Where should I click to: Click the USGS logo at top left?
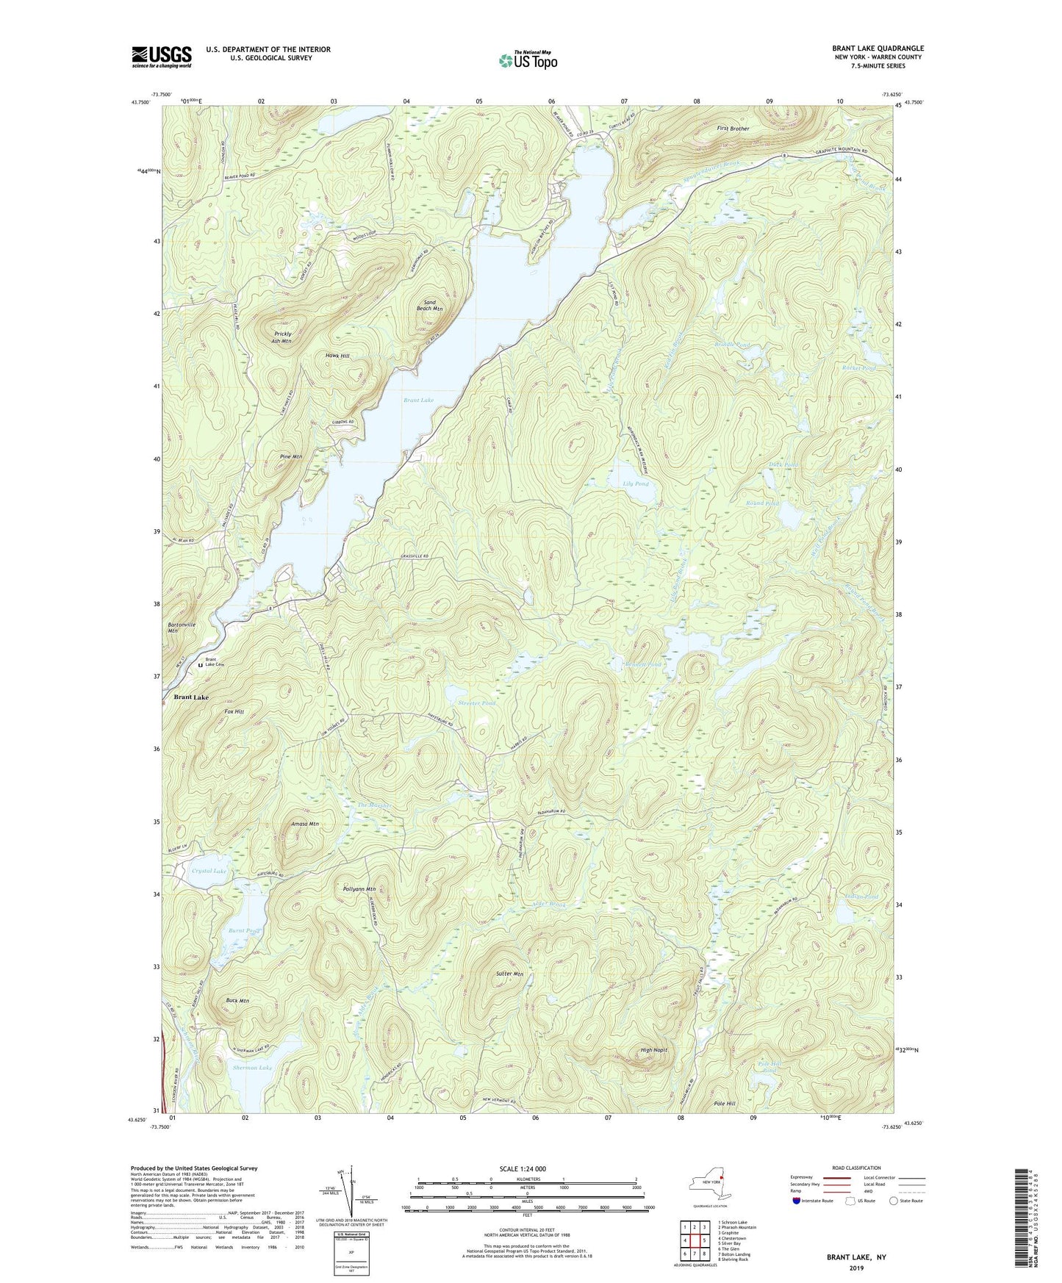click(162, 57)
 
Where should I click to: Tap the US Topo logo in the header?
click(528, 60)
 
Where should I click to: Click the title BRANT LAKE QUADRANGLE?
click(878, 48)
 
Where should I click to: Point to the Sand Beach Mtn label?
click(430, 305)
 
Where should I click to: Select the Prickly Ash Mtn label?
click(281, 337)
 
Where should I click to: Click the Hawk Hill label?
click(337, 356)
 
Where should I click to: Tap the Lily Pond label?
click(636, 484)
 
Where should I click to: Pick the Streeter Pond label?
click(477, 703)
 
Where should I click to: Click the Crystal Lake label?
click(209, 871)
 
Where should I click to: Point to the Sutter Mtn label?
click(509, 974)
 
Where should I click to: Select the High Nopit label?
click(653, 1050)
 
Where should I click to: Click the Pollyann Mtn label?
click(359, 889)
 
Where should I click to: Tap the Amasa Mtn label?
click(304, 824)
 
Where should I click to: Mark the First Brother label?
click(733, 129)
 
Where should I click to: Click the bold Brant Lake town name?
click(191, 697)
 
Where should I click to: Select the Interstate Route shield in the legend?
click(797, 1201)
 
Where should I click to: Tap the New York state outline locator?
click(709, 1185)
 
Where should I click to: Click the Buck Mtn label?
click(237, 1001)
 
